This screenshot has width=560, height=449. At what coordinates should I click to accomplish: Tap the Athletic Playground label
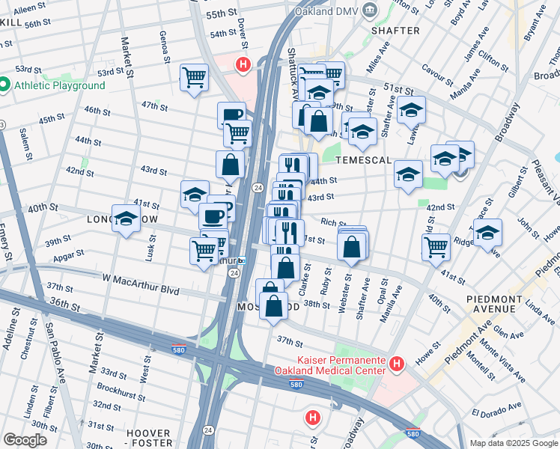pos(59,85)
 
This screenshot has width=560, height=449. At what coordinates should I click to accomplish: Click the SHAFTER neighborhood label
pos(395,31)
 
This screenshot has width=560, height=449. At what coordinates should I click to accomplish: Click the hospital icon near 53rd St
pos(243,65)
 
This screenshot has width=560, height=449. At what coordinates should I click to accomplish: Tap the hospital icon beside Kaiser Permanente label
pos(397,364)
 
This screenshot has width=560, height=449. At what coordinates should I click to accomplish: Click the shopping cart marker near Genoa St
pos(194,76)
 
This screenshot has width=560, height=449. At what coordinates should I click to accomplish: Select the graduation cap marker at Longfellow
pos(126,219)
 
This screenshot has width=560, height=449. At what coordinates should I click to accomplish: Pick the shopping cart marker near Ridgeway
pos(436,245)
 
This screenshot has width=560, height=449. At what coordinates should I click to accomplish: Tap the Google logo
pos(25,439)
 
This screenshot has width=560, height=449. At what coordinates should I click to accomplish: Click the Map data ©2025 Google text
pos(513,443)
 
